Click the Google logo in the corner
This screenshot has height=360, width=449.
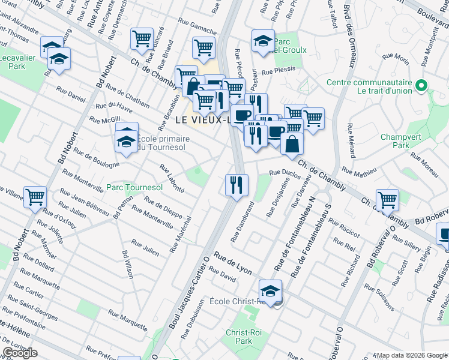20,353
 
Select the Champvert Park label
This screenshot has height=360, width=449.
399,141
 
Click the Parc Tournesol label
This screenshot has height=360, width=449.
134,188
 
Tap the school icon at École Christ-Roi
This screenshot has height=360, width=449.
270,290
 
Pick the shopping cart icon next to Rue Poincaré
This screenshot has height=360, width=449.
142,38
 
